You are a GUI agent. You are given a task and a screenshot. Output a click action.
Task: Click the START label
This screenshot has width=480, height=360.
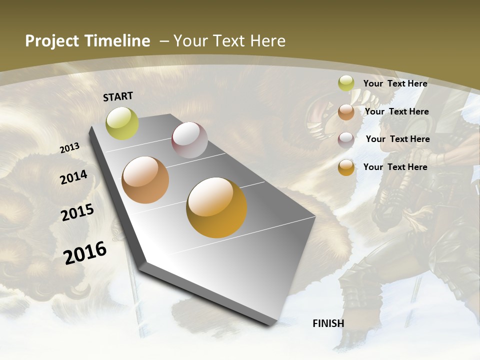(118, 96)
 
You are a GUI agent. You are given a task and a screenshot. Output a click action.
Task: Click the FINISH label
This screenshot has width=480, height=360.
(328, 323)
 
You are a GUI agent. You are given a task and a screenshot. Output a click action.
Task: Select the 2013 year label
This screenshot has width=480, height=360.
(70, 148)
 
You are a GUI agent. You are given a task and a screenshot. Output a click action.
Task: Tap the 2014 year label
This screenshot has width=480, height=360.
(73, 177)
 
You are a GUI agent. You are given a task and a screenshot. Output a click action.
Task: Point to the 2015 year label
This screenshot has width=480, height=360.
(77, 212)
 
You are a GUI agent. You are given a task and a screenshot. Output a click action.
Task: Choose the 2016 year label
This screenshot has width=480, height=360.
(85, 252)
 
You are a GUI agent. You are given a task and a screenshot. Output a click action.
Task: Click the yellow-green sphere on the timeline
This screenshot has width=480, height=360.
(122, 123)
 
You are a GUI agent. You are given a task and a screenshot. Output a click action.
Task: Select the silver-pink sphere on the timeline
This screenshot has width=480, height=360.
(189, 140)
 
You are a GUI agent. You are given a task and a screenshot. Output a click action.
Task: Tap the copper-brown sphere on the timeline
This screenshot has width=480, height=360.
(145, 180)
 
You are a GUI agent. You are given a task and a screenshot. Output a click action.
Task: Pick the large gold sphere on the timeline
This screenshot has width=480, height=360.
(216, 207)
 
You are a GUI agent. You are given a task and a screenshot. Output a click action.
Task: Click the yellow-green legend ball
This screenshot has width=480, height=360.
(346, 83)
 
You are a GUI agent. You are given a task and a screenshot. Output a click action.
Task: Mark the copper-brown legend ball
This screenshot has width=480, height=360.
(346, 112)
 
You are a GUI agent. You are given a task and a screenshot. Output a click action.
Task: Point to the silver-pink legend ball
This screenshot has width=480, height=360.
(346, 139)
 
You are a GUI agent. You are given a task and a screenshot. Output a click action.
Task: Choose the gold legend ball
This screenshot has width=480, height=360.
(346, 167)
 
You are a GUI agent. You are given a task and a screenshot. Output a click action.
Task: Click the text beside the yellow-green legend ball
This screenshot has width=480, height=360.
(395, 83)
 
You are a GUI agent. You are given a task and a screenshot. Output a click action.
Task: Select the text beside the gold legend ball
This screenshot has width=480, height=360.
(395, 167)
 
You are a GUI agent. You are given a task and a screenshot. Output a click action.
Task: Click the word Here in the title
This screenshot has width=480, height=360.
(268, 40)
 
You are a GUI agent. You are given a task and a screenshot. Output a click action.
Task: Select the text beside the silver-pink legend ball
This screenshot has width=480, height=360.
(397, 139)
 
